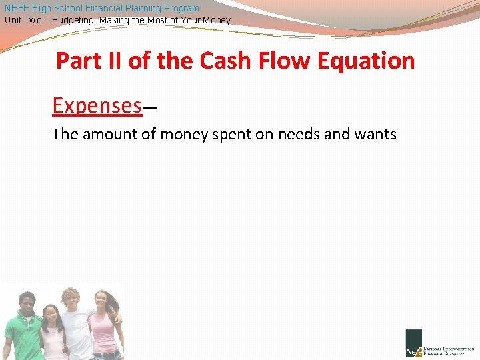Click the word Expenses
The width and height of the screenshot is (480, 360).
pos(97,105)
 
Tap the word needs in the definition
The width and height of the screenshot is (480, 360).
pos(304,135)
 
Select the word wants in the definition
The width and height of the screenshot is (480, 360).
pos(377,135)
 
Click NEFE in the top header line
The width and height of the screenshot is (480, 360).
pos(16,8)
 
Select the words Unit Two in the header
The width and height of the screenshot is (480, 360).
pos(23,21)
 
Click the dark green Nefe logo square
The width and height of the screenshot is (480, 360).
pos(413,344)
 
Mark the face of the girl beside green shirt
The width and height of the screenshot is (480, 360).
pos(50,314)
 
